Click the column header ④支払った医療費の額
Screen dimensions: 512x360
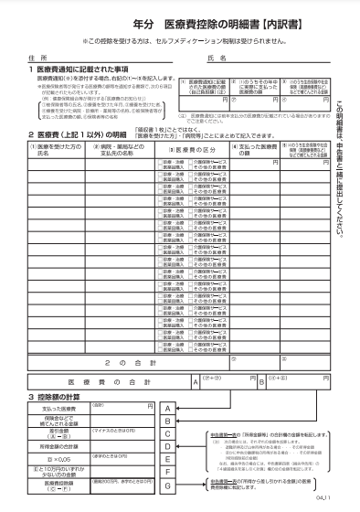coord(250,174)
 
